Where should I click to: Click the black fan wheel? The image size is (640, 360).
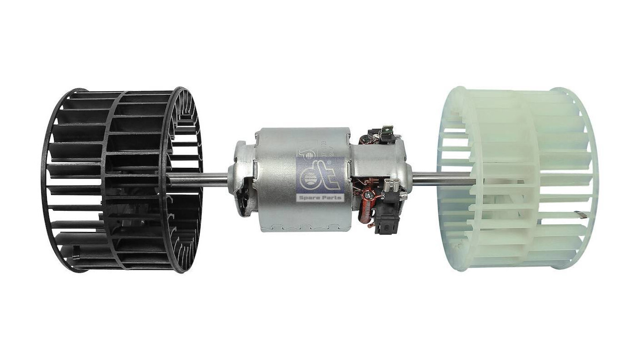click(x=122, y=180)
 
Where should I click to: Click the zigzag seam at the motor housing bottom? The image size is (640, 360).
click(x=305, y=227)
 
